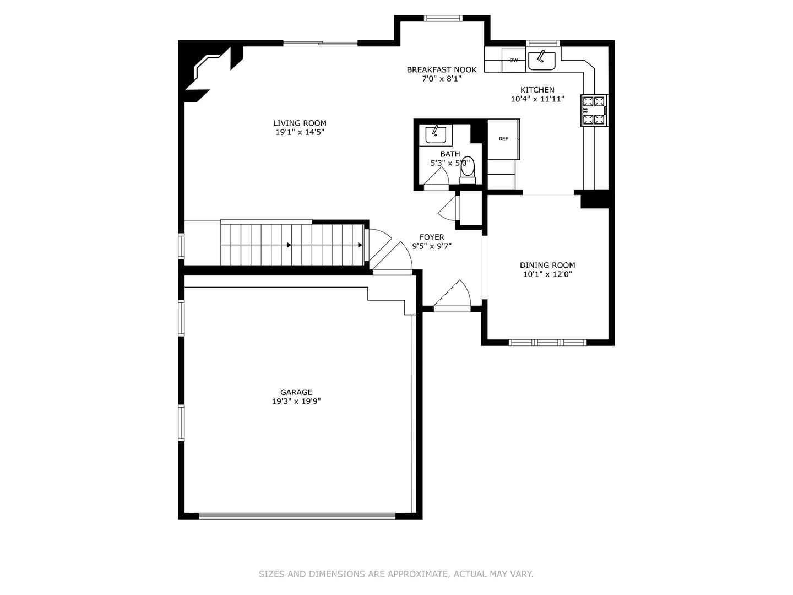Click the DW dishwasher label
(x=513, y=60)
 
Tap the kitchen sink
(x=541, y=59)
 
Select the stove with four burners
(x=594, y=110)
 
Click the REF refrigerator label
(x=503, y=139)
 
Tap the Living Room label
(x=300, y=123)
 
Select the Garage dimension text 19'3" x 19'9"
(x=296, y=402)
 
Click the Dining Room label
(x=547, y=265)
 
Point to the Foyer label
(x=432, y=237)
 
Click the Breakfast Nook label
(x=442, y=69)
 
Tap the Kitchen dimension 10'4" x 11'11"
(x=537, y=99)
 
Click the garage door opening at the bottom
(x=297, y=516)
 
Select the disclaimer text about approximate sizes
(x=396, y=574)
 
